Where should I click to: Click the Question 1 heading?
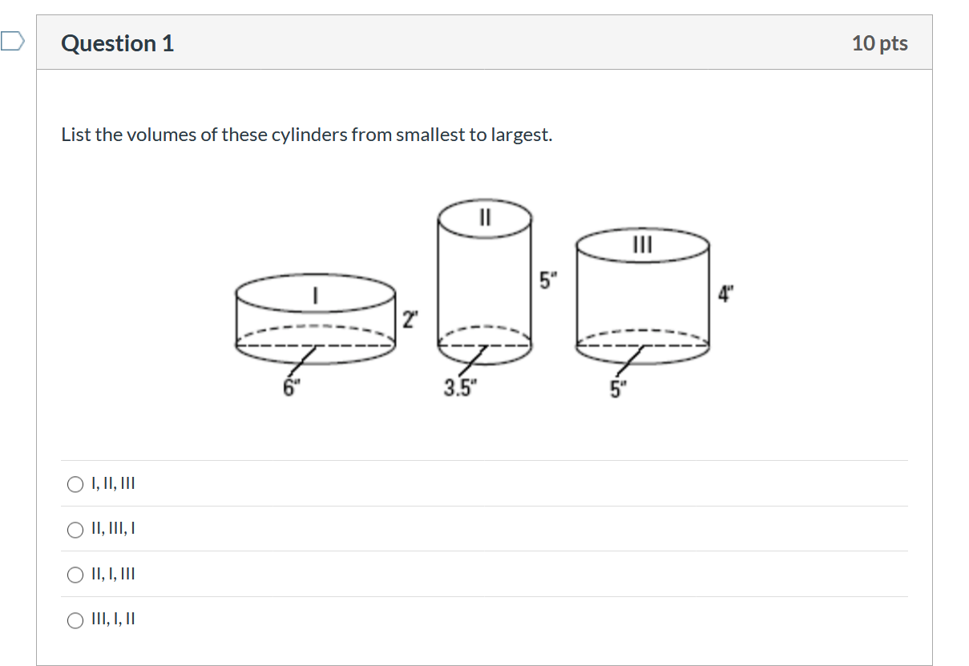pos(117,43)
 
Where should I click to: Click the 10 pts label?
pos(879,43)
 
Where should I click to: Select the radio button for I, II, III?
pos(75,484)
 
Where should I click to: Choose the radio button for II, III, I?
pos(75,530)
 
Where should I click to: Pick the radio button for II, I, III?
pos(75,575)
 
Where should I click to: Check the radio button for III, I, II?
pos(75,620)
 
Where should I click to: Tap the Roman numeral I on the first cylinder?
pos(317,296)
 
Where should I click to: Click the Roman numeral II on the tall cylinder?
pos(484,216)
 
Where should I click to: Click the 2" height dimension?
pos(410,320)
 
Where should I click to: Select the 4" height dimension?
pos(726,294)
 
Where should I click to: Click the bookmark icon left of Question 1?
pos(13,41)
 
